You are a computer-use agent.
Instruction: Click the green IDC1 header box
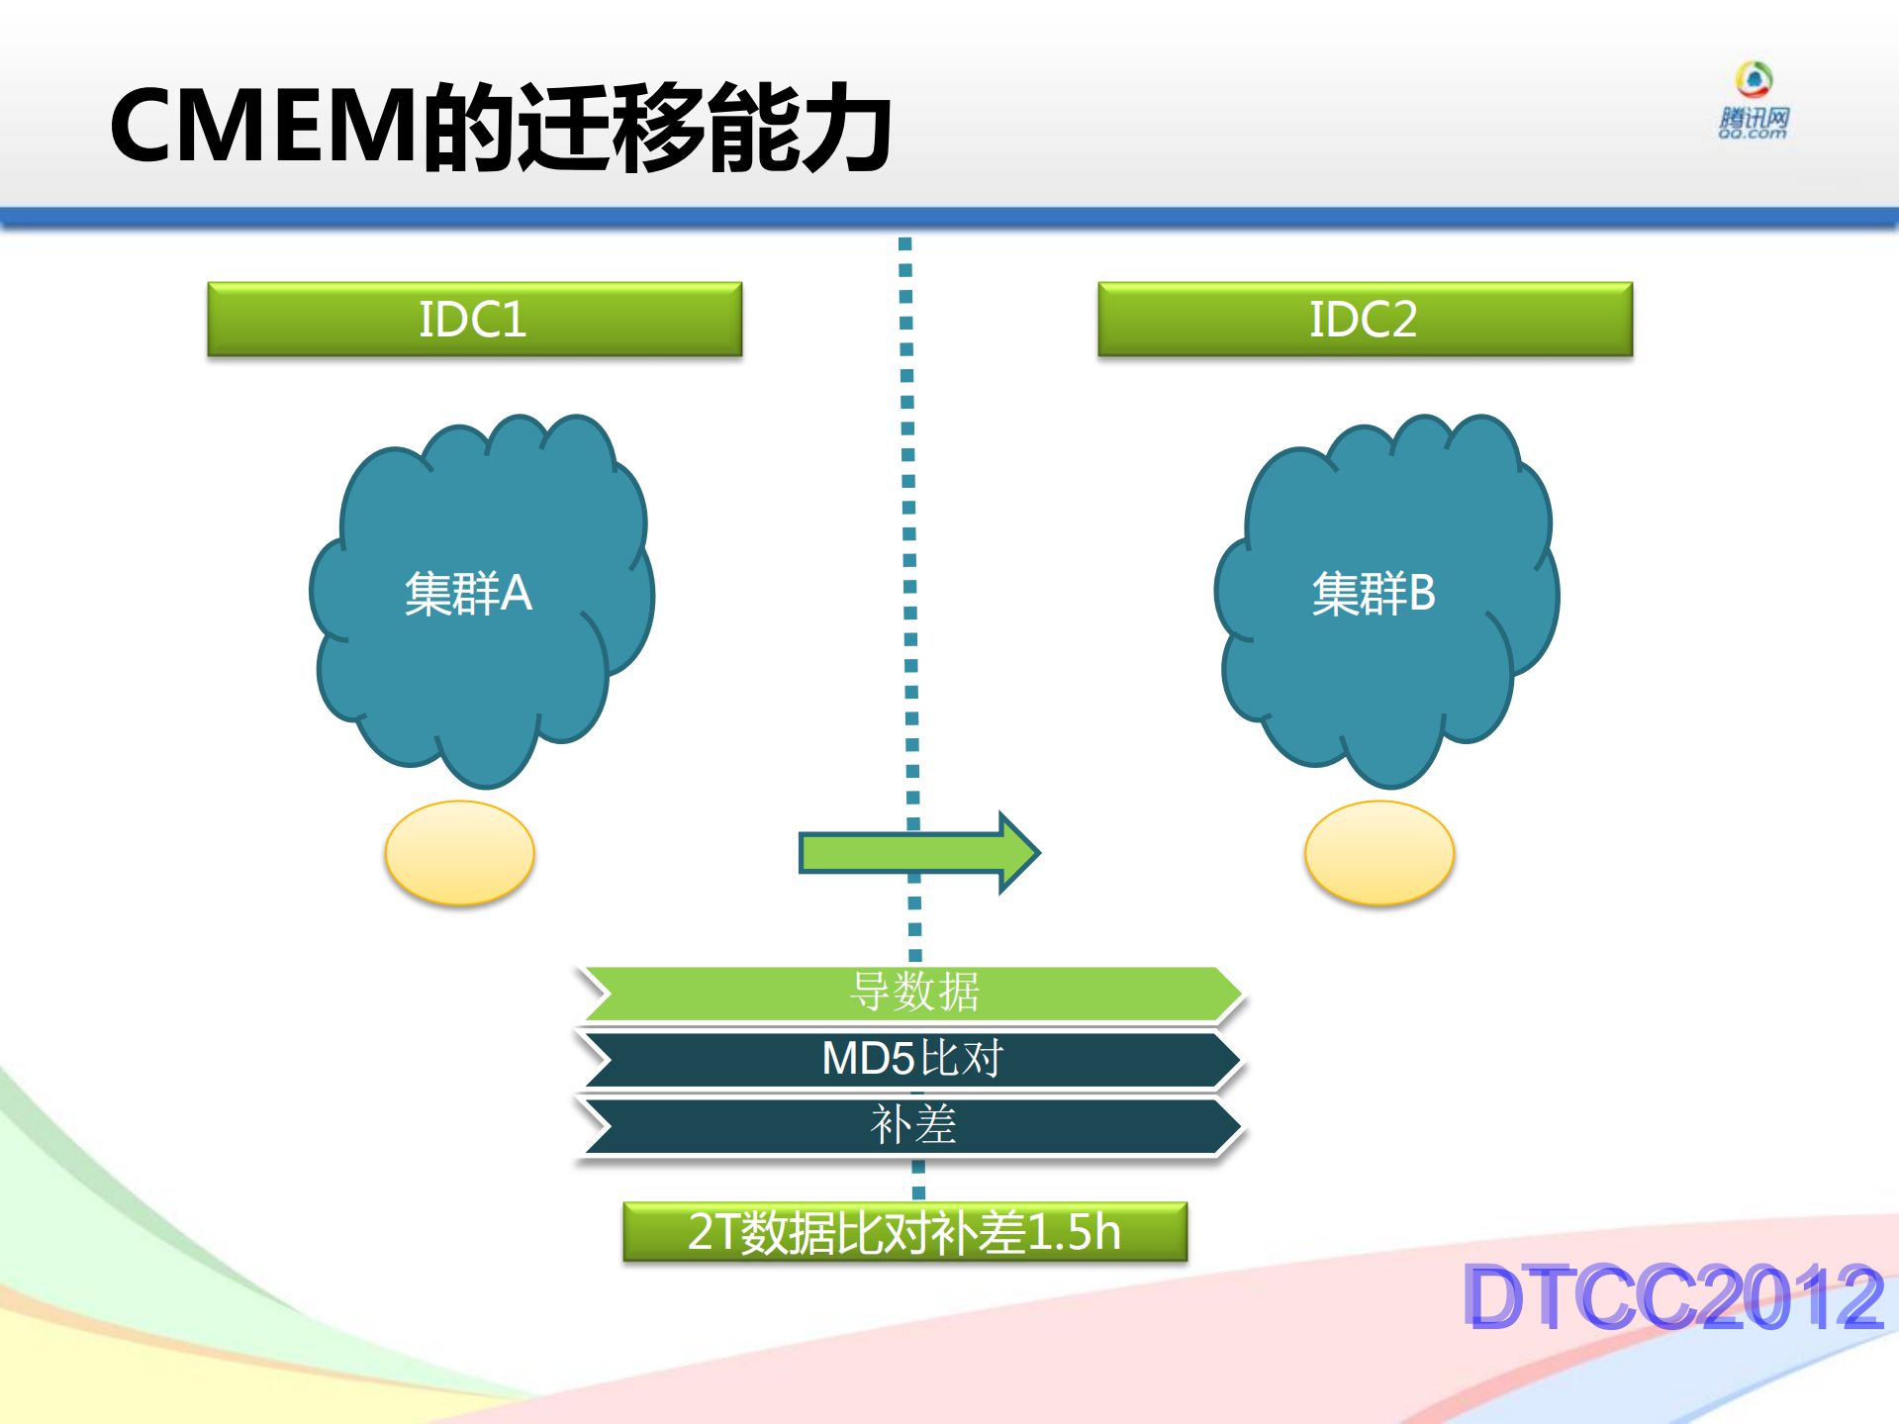tap(474, 319)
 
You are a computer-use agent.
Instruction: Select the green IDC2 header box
tap(1365, 319)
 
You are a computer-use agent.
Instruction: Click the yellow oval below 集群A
tap(459, 853)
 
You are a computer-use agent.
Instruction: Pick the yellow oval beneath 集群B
tap(1378, 853)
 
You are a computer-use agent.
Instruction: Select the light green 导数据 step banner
tap(913, 993)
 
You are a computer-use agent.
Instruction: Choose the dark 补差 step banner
tap(913, 1125)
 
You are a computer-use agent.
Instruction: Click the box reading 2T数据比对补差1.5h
tap(904, 1232)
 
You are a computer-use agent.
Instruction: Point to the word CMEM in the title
tap(263, 127)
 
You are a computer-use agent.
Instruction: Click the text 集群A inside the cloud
tap(468, 594)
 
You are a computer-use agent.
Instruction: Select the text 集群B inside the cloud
tap(1373, 594)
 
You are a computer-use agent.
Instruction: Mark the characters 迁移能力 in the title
tap(705, 127)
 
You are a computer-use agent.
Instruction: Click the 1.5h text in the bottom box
tap(1074, 1232)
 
